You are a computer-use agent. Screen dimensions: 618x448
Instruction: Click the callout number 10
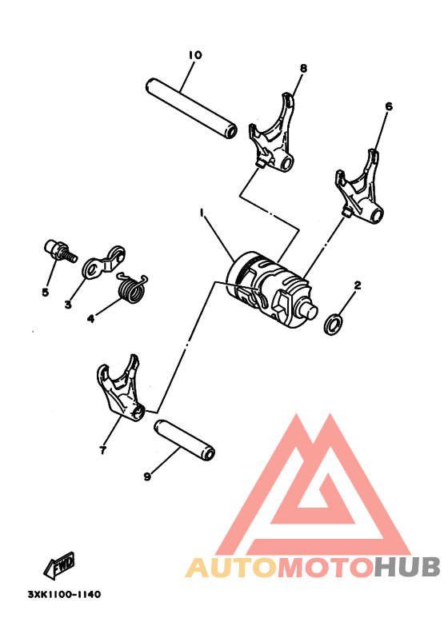[x=195, y=55]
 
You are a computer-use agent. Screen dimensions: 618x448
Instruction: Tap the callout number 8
[x=304, y=69]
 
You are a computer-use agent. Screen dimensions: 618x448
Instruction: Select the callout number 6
[x=389, y=106]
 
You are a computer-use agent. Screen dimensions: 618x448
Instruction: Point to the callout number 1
[x=202, y=213]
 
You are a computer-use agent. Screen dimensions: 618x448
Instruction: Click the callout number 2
[x=358, y=285]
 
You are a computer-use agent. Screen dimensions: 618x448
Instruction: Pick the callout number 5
[x=46, y=292]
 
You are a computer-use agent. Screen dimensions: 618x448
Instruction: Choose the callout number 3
[x=68, y=304]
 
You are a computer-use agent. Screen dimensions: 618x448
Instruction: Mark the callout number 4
[x=90, y=317]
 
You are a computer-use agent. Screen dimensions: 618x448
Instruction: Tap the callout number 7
[x=103, y=451]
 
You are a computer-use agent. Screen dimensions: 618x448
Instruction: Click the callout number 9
[x=147, y=477]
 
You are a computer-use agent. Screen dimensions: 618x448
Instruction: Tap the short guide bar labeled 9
[x=185, y=440]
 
